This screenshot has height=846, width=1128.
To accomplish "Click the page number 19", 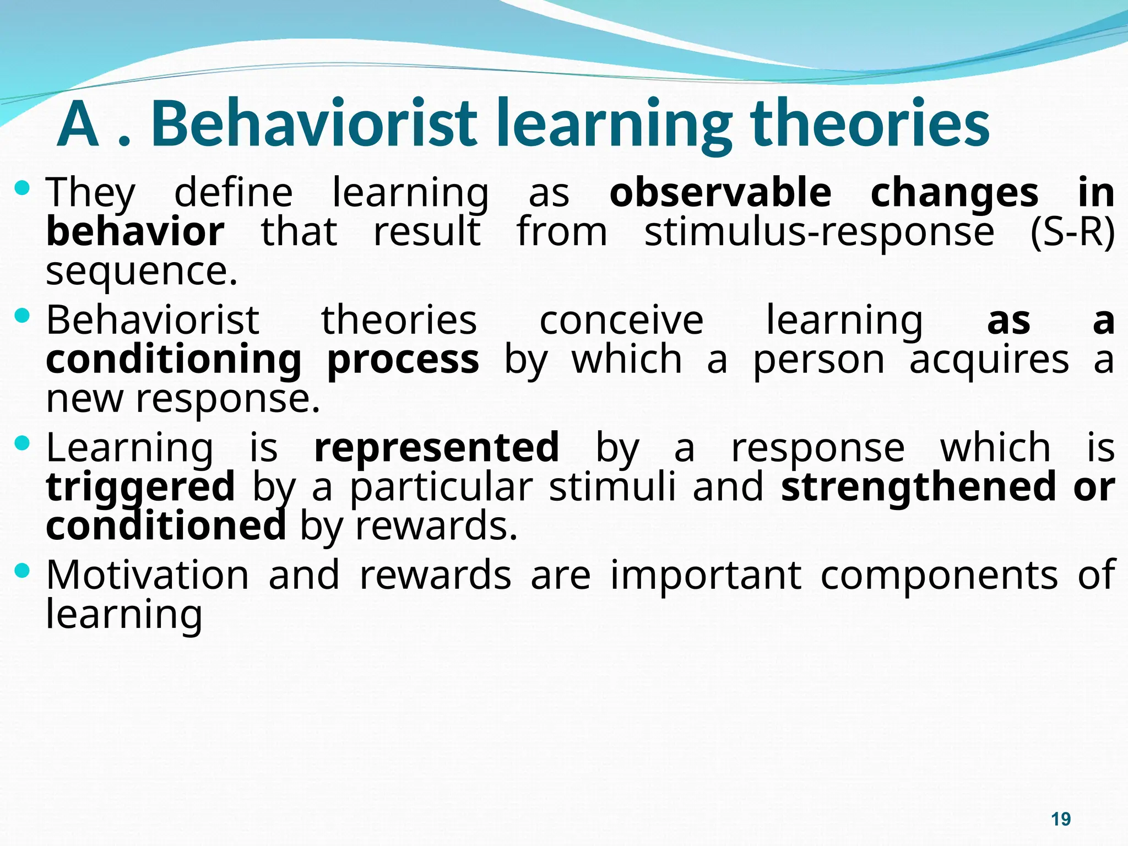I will point(1060,819).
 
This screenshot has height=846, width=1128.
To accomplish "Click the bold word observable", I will point(720,193).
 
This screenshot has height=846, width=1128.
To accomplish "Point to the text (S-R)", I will point(1072,232).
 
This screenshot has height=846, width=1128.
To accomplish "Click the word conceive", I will point(621,320).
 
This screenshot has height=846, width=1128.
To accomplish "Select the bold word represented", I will point(437,447).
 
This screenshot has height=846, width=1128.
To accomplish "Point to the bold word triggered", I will point(140,487).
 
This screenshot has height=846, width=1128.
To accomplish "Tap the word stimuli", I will point(612,486).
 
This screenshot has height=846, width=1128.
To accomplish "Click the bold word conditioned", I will point(166,525).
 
